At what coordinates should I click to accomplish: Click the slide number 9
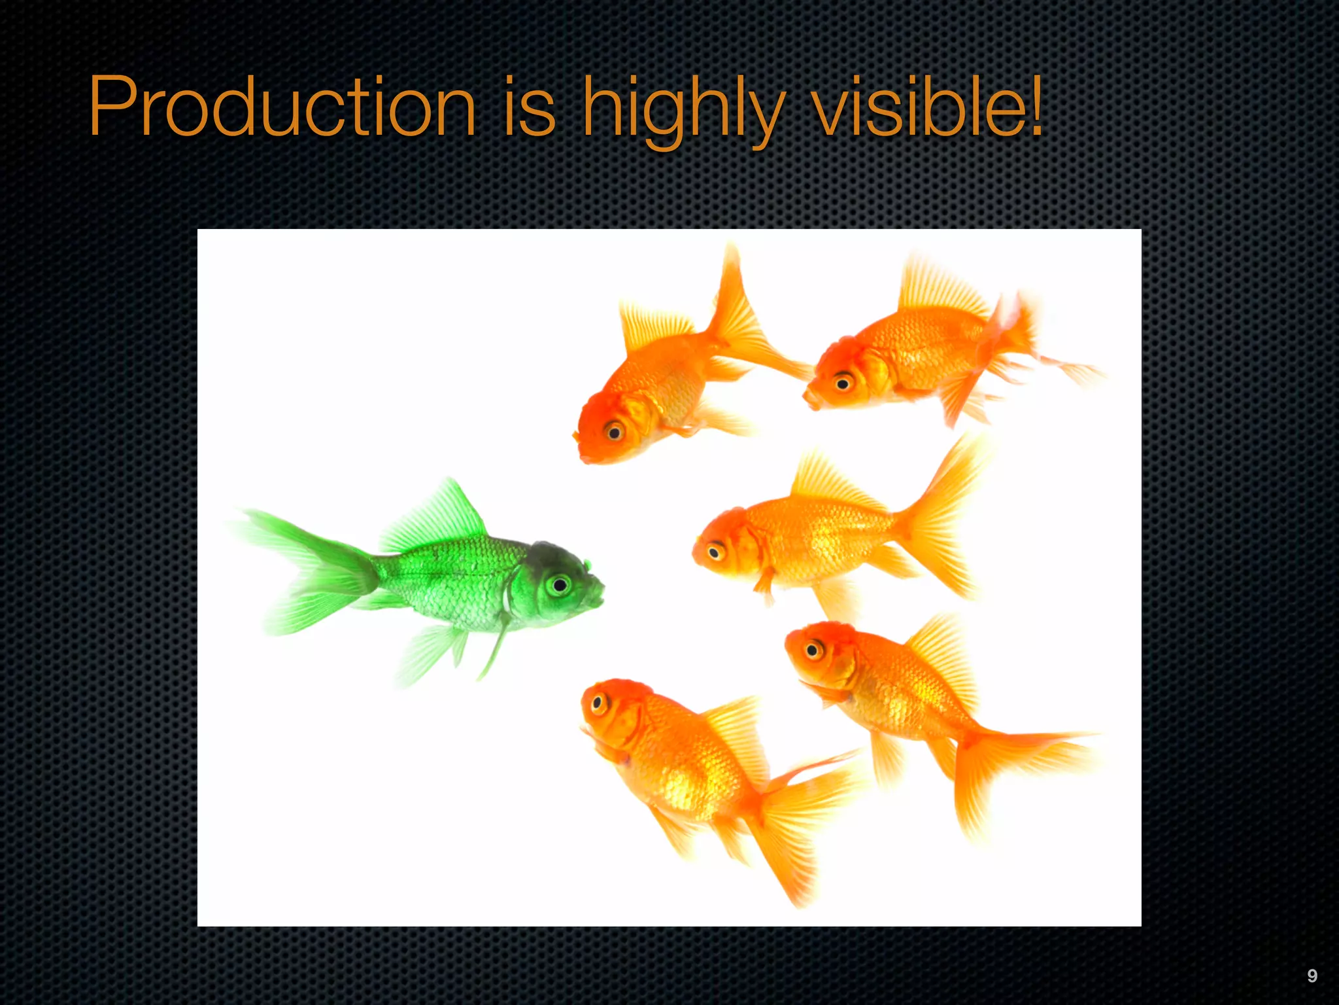click(x=1312, y=976)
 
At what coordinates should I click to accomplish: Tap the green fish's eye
click(x=559, y=584)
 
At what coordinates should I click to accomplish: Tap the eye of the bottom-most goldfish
click(x=598, y=704)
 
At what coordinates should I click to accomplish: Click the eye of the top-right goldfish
click(x=843, y=383)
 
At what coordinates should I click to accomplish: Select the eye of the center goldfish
click(x=715, y=552)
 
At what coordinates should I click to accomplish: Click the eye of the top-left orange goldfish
click(x=614, y=431)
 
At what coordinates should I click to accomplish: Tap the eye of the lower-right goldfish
click(x=813, y=650)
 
